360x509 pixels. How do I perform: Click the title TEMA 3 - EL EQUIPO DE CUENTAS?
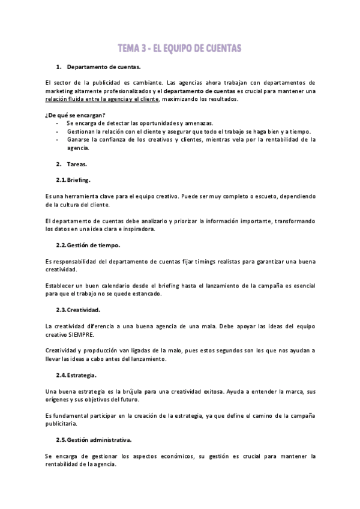179,48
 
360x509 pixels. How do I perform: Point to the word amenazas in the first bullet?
198,123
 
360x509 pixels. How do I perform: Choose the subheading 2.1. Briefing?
73,180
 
